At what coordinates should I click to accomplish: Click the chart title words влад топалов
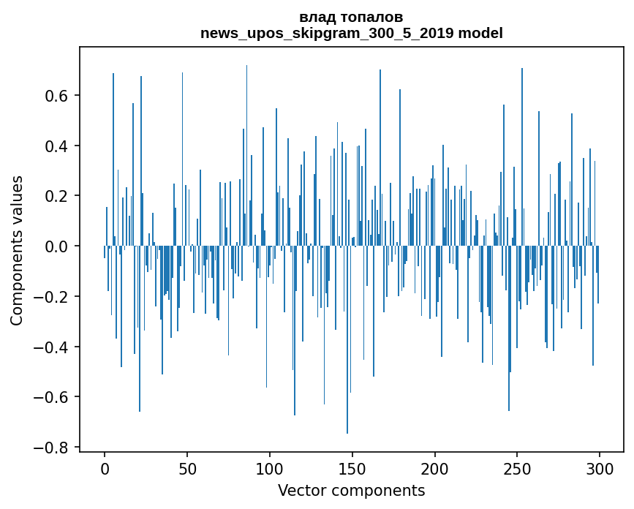click(351, 18)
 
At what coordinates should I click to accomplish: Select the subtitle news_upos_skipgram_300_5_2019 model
click(351, 34)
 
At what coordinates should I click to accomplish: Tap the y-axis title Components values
click(17, 250)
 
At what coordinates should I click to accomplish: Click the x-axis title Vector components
click(351, 490)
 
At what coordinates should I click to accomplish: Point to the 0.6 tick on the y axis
click(56, 96)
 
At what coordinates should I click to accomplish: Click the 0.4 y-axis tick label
click(56, 146)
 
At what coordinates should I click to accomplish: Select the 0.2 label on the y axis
click(56, 196)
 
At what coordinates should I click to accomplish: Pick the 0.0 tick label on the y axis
click(56, 246)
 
